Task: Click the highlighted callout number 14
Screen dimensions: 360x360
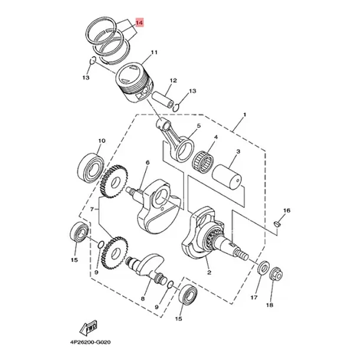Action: point(139,23)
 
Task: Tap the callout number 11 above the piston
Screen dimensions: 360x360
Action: point(154,53)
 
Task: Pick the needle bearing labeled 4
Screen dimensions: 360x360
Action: point(203,160)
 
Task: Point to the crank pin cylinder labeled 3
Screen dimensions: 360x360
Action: point(227,176)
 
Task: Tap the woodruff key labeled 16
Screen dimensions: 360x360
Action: point(277,224)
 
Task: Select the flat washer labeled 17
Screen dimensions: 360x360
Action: point(264,267)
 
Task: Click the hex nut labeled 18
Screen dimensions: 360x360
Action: point(276,274)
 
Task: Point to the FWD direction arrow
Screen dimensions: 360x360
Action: point(89,328)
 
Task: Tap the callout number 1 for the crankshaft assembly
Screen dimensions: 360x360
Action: point(244,114)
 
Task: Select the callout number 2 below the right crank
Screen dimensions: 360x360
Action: point(209,273)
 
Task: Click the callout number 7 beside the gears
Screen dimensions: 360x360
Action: point(92,209)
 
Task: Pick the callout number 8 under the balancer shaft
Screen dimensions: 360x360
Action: point(143,299)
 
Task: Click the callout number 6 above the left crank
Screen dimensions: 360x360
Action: point(148,162)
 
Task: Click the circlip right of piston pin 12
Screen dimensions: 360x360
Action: point(176,107)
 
